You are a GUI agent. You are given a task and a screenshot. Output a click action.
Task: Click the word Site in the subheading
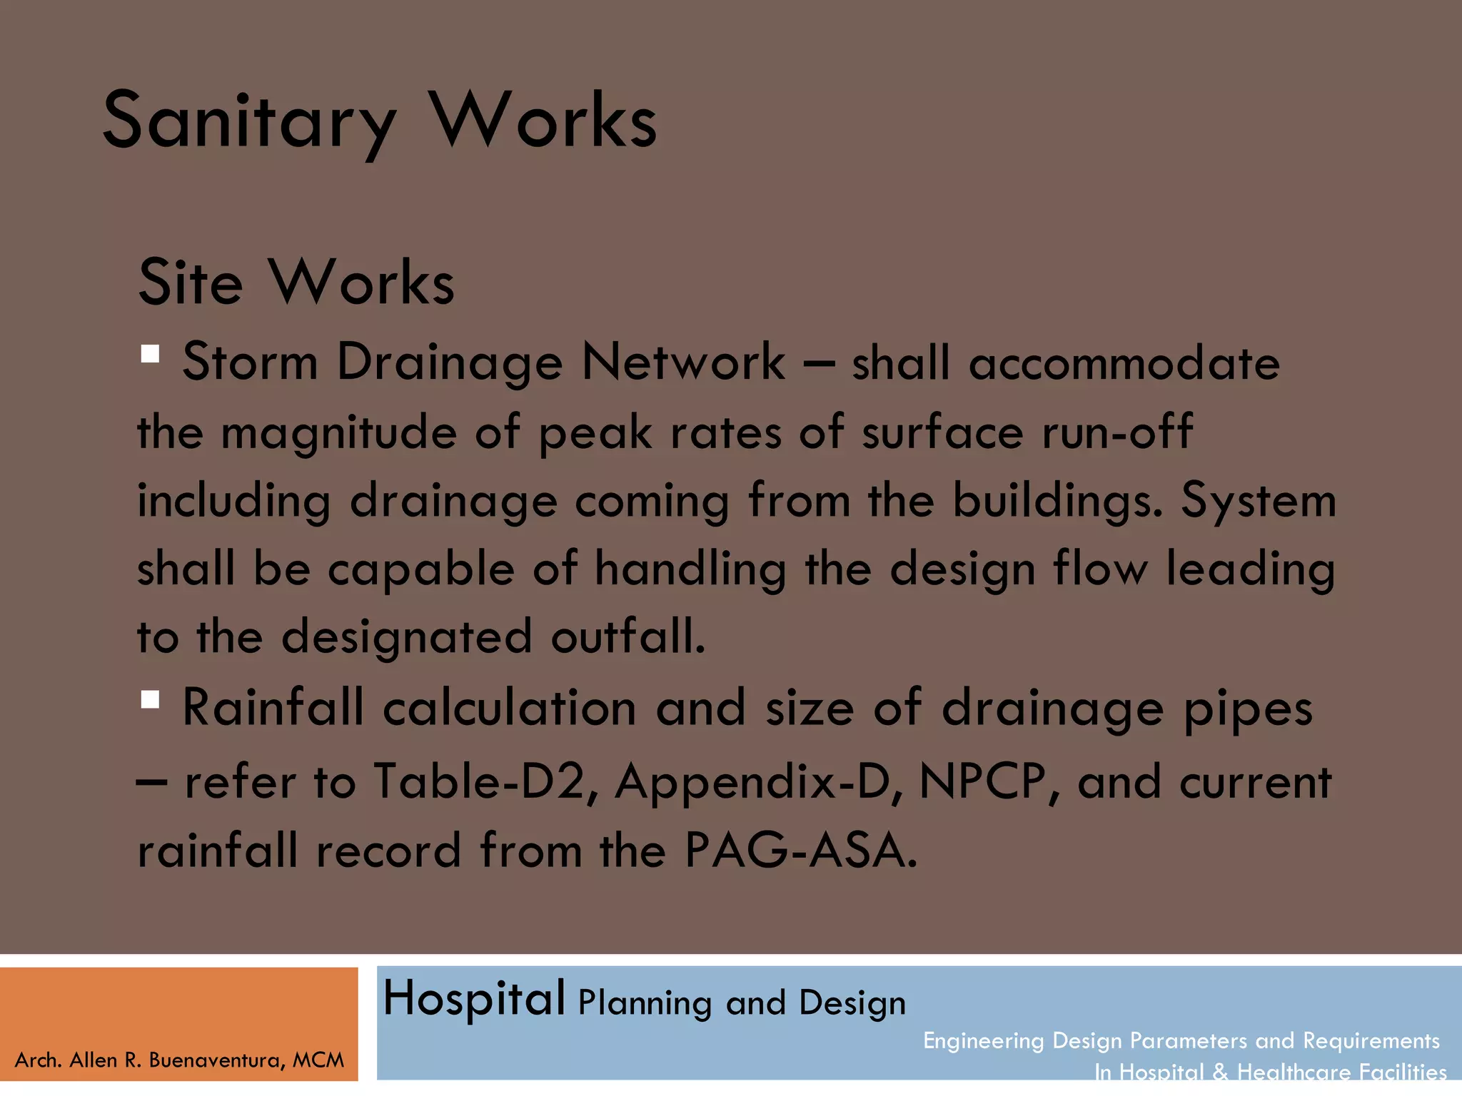(190, 283)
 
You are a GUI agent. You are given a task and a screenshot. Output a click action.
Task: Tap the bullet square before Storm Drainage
(150, 354)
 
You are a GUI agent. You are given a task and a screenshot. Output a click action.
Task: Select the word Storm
(250, 362)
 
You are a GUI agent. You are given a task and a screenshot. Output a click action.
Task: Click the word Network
(683, 362)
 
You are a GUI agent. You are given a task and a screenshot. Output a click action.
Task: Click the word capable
(420, 570)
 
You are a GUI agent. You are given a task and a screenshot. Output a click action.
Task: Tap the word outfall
(627, 637)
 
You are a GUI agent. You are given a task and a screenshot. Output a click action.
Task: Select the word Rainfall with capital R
(273, 709)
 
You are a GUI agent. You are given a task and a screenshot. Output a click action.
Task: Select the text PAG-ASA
(800, 851)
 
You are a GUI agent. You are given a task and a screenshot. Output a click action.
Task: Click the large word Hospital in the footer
(474, 998)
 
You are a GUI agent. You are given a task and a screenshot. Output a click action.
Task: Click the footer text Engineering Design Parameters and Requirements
(1181, 1041)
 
